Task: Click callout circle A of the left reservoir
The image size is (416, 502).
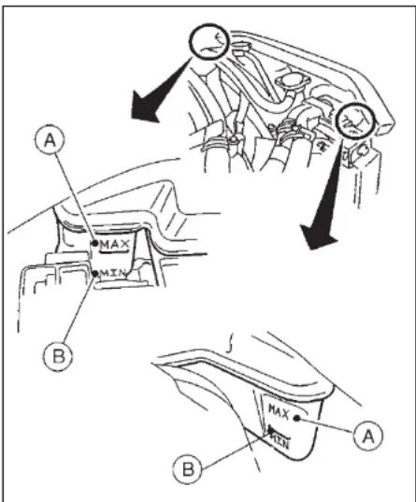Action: point(50,139)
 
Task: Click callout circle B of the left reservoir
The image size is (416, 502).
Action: point(58,356)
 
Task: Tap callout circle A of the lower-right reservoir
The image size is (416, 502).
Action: point(368,436)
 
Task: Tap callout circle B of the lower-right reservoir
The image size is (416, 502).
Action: point(188,469)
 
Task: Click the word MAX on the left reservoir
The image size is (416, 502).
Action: point(115,245)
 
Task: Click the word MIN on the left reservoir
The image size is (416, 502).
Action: point(112,273)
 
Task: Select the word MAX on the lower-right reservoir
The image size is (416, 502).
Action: point(279,411)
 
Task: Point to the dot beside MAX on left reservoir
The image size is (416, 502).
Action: point(94,243)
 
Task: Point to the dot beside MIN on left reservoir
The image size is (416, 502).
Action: point(94,273)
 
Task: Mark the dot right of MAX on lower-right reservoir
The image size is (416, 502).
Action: point(297,418)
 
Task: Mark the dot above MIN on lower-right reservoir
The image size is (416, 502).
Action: point(271,430)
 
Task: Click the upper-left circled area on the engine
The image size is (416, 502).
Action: point(209,41)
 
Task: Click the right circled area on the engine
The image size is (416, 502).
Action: point(355,121)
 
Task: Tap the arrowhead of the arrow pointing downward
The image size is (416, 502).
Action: point(317,237)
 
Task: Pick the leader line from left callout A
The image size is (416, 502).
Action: point(75,197)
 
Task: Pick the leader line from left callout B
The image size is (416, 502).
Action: point(79,308)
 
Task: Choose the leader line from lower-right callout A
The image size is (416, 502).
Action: point(326,425)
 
